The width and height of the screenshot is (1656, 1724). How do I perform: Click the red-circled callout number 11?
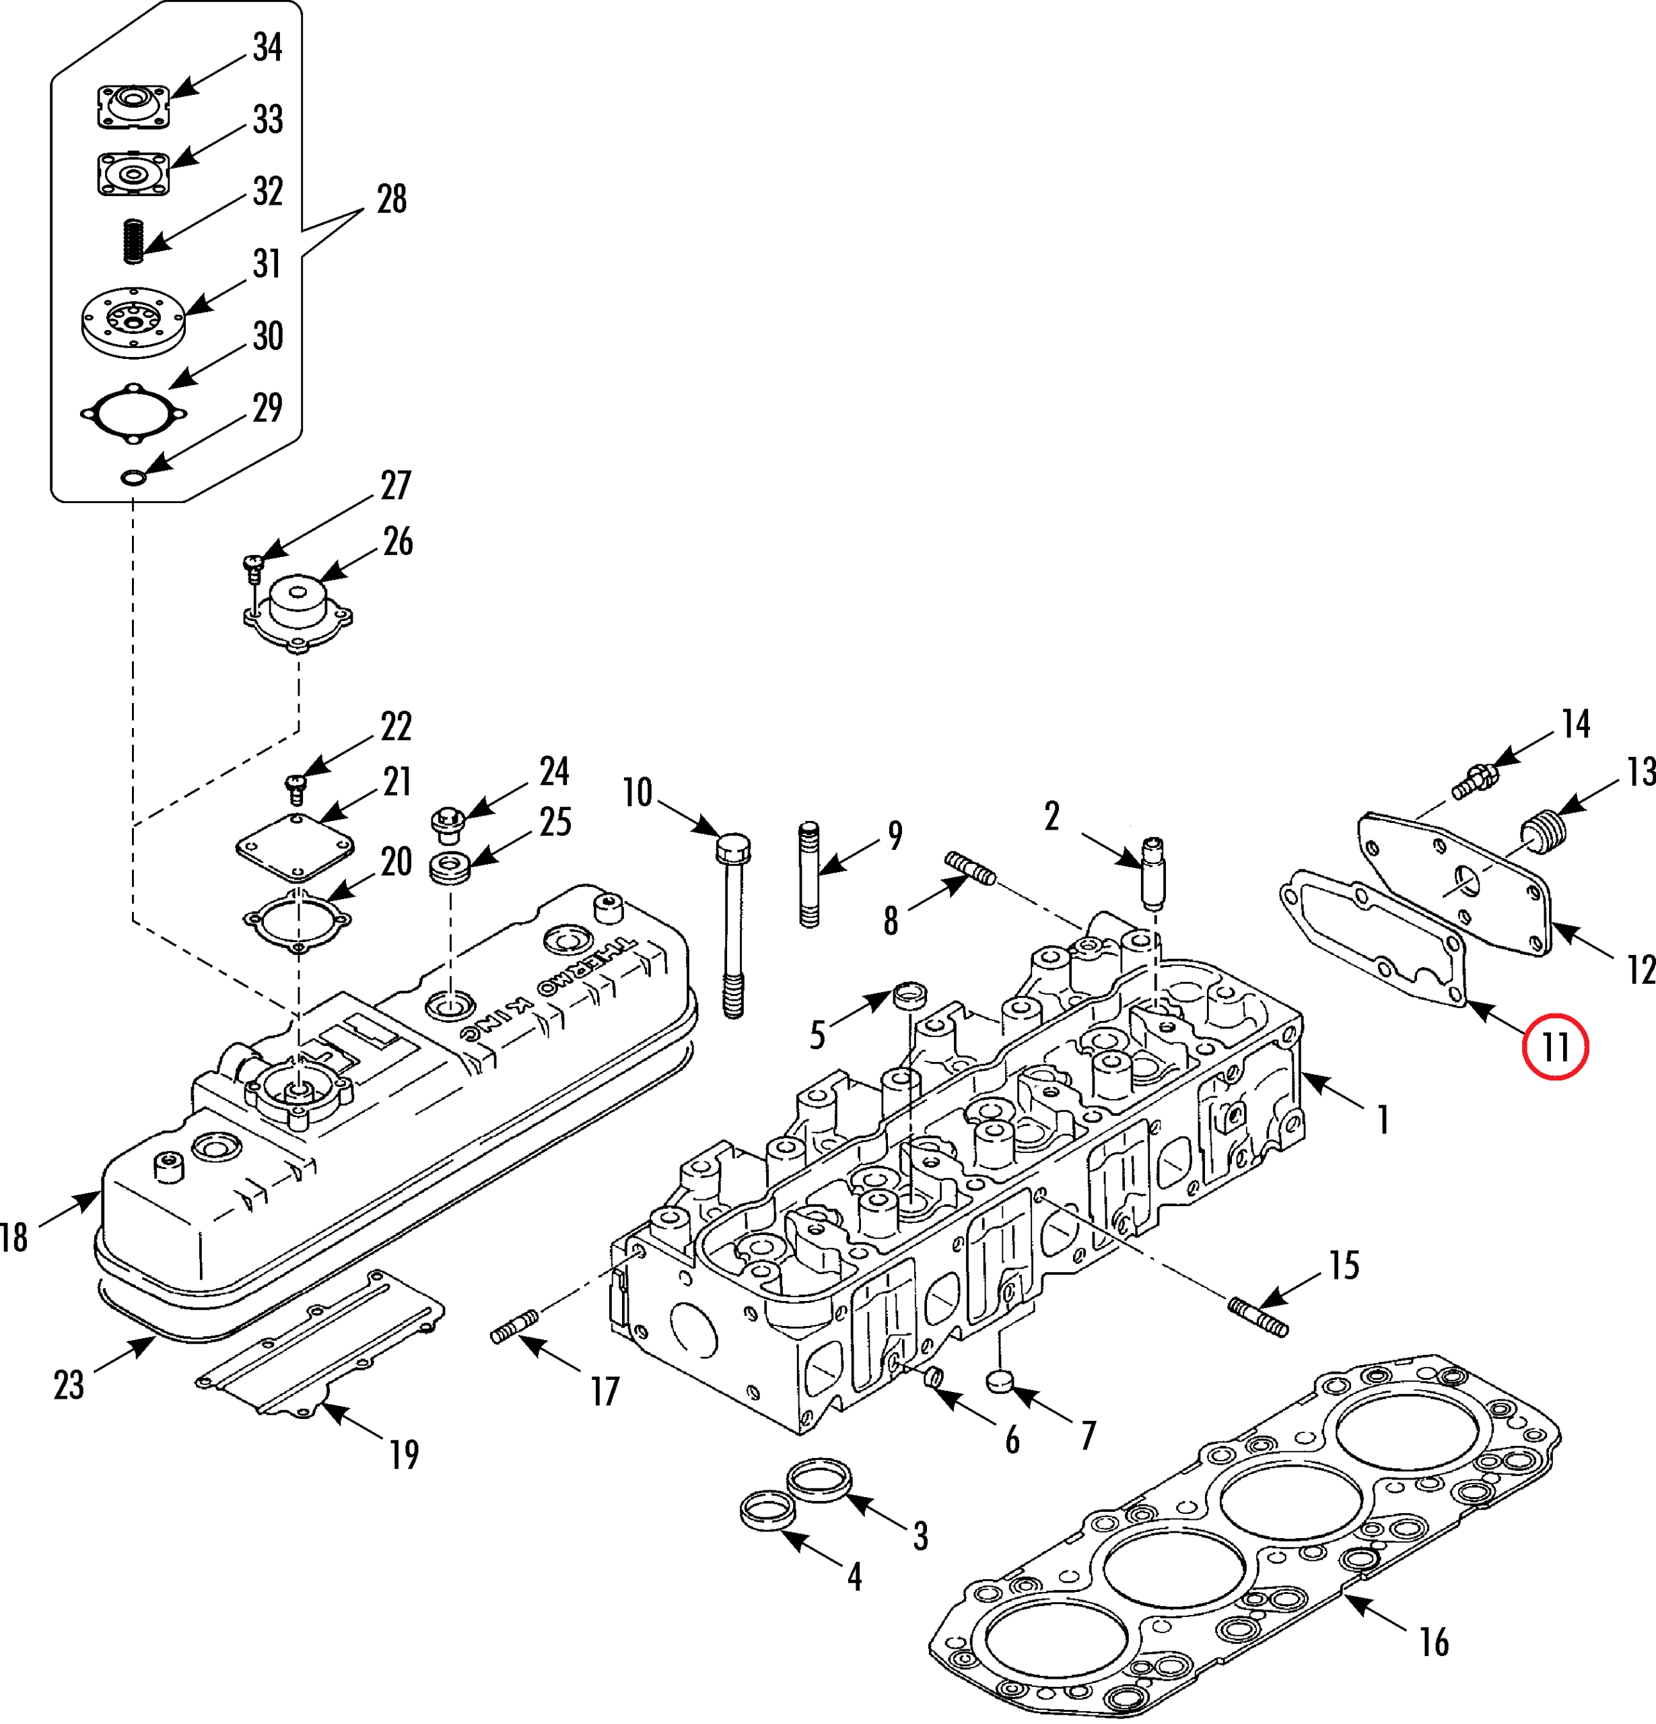[1555, 1047]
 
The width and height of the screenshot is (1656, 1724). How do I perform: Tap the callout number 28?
[391, 199]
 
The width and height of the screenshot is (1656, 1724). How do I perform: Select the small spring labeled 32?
[132, 239]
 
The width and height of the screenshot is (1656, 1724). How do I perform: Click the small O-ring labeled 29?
[132, 477]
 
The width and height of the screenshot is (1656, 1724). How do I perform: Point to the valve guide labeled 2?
[1153, 873]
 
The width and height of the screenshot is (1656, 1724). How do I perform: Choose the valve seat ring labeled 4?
[768, 1511]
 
